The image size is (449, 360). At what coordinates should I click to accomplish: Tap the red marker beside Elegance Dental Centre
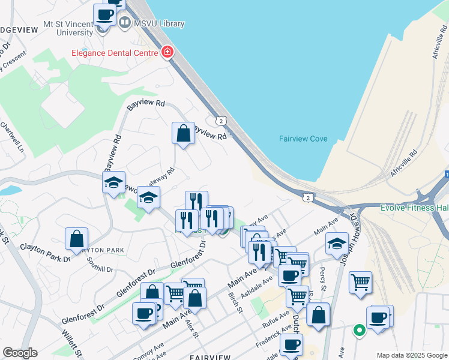(x=167, y=52)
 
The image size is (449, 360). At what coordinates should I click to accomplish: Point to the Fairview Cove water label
(x=303, y=139)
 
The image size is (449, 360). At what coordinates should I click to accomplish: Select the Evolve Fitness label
(x=414, y=208)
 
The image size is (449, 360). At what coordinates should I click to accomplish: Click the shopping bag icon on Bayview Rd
(x=183, y=134)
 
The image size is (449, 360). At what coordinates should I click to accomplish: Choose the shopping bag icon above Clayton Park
(x=77, y=239)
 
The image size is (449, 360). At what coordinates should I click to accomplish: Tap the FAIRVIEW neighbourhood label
(x=210, y=356)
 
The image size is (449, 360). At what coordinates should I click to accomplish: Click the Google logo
(x=19, y=353)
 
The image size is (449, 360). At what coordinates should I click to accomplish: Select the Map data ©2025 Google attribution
(x=412, y=355)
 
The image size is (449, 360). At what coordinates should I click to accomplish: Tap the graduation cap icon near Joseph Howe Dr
(x=337, y=244)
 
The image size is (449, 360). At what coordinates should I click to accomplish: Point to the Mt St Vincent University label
(x=68, y=28)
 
